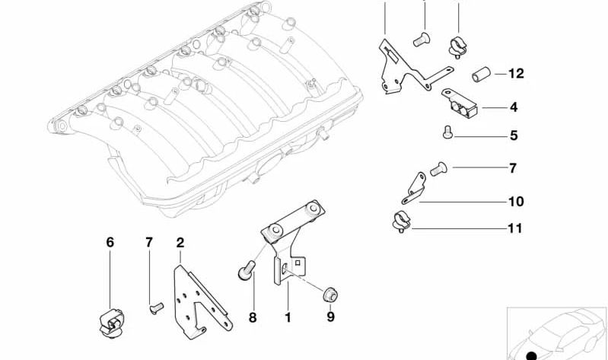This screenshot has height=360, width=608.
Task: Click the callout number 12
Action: [x=516, y=73]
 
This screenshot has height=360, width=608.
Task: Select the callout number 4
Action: [x=514, y=107]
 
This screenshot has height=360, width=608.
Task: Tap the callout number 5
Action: [x=514, y=135]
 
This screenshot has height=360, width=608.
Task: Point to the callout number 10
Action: [x=516, y=202]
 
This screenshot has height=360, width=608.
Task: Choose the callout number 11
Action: [x=515, y=228]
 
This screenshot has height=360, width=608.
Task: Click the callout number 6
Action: [x=110, y=243]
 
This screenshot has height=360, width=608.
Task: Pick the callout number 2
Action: [x=180, y=243]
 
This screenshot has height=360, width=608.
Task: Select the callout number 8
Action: [x=253, y=317]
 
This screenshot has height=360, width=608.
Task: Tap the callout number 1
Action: [x=288, y=317]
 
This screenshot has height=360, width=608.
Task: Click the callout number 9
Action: [x=330, y=317]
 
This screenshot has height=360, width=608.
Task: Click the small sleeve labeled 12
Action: [x=481, y=74]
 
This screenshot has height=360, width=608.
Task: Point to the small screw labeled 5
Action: [x=448, y=132]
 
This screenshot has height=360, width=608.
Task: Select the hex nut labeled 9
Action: [x=330, y=295]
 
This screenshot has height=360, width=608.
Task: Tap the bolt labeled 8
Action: [x=247, y=270]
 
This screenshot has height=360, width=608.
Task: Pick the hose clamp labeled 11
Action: [x=401, y=223]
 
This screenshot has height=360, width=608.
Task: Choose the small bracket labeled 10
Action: [x=414, y=189]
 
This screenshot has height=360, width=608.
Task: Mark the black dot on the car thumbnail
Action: [x=532, y=355]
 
